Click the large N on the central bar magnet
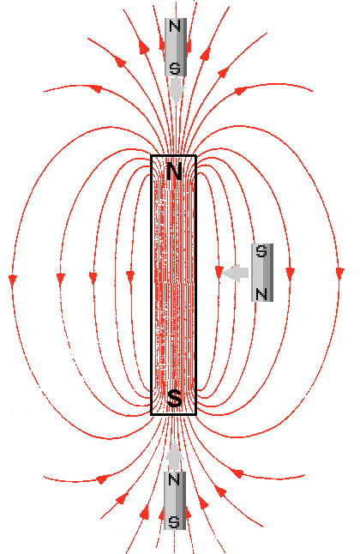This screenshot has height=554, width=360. click(x=174, y=172)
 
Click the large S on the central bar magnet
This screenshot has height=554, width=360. click(x=174, y=398)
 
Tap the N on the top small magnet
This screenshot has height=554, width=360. click(x=175, y=26)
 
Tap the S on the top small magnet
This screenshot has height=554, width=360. click(x=175, y=69)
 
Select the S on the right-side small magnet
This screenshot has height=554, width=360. click(x=261, y=251)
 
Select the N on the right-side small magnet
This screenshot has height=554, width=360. click(x=261, y=294)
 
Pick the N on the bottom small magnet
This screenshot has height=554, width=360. click(x=174, y=479)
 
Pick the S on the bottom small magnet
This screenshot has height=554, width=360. click(x=174, y=522)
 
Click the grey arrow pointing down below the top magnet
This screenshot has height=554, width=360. click(x=176, y=91)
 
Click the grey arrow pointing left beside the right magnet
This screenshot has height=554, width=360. click(x=236, y=273)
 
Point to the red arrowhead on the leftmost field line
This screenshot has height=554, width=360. click(x=13, y=280)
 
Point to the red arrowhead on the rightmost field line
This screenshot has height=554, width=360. click(x=340, y=274)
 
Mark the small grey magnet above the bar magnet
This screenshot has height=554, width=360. click(x=176, y=47)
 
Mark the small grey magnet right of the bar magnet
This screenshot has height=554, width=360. click(x=262, y=273)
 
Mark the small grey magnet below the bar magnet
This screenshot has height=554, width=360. click(x=175, y=501)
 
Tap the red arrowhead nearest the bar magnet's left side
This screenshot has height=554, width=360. click(x=130, y=277)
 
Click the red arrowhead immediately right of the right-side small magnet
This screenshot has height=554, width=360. click(x=291, y=274)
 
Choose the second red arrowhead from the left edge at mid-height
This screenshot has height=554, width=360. click(x=61, y=279)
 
